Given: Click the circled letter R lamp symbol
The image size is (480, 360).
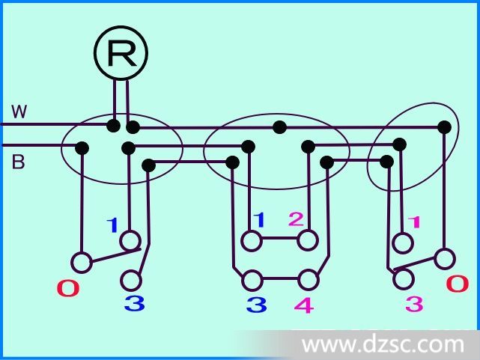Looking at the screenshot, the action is point(121,53).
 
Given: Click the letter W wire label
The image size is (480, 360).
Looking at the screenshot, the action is point(19,112).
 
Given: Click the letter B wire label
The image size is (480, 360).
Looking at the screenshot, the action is point(18,162).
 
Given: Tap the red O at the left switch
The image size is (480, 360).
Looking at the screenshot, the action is point(69,289).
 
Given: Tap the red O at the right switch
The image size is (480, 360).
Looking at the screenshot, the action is point(458,284).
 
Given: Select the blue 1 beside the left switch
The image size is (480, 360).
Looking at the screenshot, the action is point(112,225).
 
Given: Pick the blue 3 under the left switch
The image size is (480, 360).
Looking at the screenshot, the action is point(134,304).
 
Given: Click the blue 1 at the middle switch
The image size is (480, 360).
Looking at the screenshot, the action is point(259,220).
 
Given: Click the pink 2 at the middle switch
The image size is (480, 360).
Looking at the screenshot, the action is point(296,219).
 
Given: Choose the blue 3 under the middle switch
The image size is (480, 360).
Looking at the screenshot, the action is point(257,305).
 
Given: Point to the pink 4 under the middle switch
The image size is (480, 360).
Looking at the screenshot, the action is point(304,305).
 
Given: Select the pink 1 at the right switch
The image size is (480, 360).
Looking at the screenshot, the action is point(415,223).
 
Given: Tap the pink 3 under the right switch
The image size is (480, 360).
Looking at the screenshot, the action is point(415,304).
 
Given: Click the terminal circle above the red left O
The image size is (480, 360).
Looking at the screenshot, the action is point(82,263).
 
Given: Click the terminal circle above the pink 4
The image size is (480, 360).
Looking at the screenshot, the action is point(308,280).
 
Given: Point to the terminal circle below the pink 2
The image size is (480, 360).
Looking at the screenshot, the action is point(308,240).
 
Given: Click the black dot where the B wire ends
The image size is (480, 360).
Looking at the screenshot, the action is point(82,148).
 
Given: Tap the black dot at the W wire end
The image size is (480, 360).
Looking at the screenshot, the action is point(114,126).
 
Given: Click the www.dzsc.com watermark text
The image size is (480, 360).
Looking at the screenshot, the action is point(383,345).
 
